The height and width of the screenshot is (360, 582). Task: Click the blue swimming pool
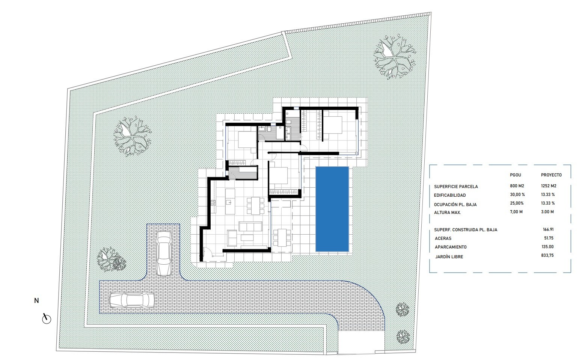click(x=332, y=209)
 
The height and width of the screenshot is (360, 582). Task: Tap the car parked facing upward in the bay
click(x=164, y=253)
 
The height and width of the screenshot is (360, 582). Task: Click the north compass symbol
click(x=47, y=319)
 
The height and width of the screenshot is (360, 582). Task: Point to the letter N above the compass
click(x=36, y=301)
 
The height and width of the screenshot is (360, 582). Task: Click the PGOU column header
click(x=516, y=175)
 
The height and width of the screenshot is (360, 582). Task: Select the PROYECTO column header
click(x=551, y=175)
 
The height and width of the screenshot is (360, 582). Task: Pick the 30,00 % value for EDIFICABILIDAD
click(x=517, y=194)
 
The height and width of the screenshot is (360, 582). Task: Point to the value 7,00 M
click(x=516, y=212)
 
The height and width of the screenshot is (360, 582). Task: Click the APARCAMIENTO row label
click(x=451, y=247)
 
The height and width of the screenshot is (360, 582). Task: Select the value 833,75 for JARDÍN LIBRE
click(x=547, y=255)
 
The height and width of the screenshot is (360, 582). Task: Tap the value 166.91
click(x=548, y=229)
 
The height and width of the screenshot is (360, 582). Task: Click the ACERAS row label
click(x=443, y=238)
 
